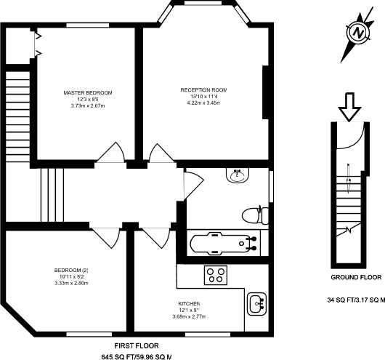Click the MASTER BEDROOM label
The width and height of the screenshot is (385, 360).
pyautogui.click(x=88, y=93)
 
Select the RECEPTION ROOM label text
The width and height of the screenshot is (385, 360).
pyautogui.click(x=205, y=89)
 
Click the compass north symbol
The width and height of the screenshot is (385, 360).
pyautogui.click(x=356, y=33)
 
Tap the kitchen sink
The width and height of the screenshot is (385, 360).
pyautogui.click(x=257, y=302)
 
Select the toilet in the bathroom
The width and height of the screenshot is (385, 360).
pyautogui.click(x=251, y=214)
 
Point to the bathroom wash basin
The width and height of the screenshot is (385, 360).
pyautogui.click(x=238, y=175)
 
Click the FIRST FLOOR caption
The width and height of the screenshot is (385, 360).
pyautogui.click(x=136, y=345)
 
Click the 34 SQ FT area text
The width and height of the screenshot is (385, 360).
pyautogui.click(x=356, y=299)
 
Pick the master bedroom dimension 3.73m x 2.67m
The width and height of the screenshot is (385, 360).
pyautogui.click(x=88, y=106)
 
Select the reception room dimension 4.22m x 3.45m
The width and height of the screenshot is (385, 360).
pyautogui.click(x=205, y=103)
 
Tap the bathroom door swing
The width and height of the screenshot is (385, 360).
pyautogui.click(x=192, y=182)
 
